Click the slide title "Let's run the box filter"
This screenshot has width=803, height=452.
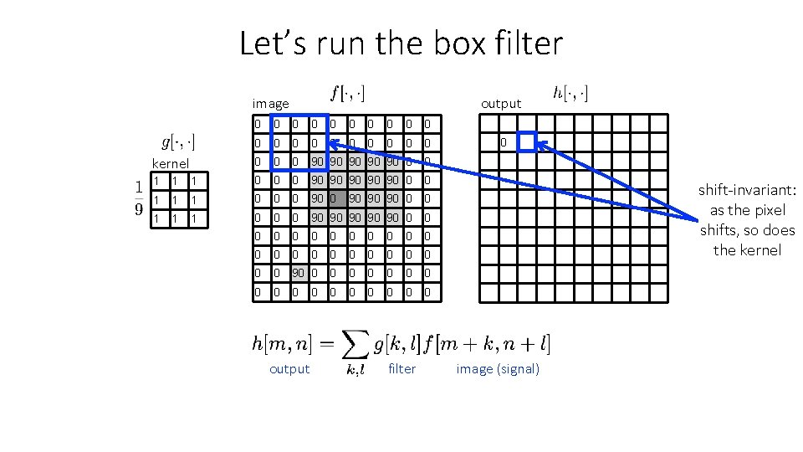[x=401, y=43]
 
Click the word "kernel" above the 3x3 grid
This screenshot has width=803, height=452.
[x=170, y=163]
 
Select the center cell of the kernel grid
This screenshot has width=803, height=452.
[x=174, y=200]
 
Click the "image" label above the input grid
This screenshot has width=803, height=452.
[x=270, y=104]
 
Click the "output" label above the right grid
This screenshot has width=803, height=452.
[x=500, y=104]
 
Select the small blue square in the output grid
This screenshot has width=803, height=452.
[x=526, y=142]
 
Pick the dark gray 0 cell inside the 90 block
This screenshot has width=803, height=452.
[x=337, y=199]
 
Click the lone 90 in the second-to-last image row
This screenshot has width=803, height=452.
[x=299, y=274]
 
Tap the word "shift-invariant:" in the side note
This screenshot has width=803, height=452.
[x=747, y=191]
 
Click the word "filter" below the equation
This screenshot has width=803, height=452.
[x=401, y=369]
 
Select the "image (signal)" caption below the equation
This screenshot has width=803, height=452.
[x=498, y=369]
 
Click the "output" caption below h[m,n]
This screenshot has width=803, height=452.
[x=289, y=369]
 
